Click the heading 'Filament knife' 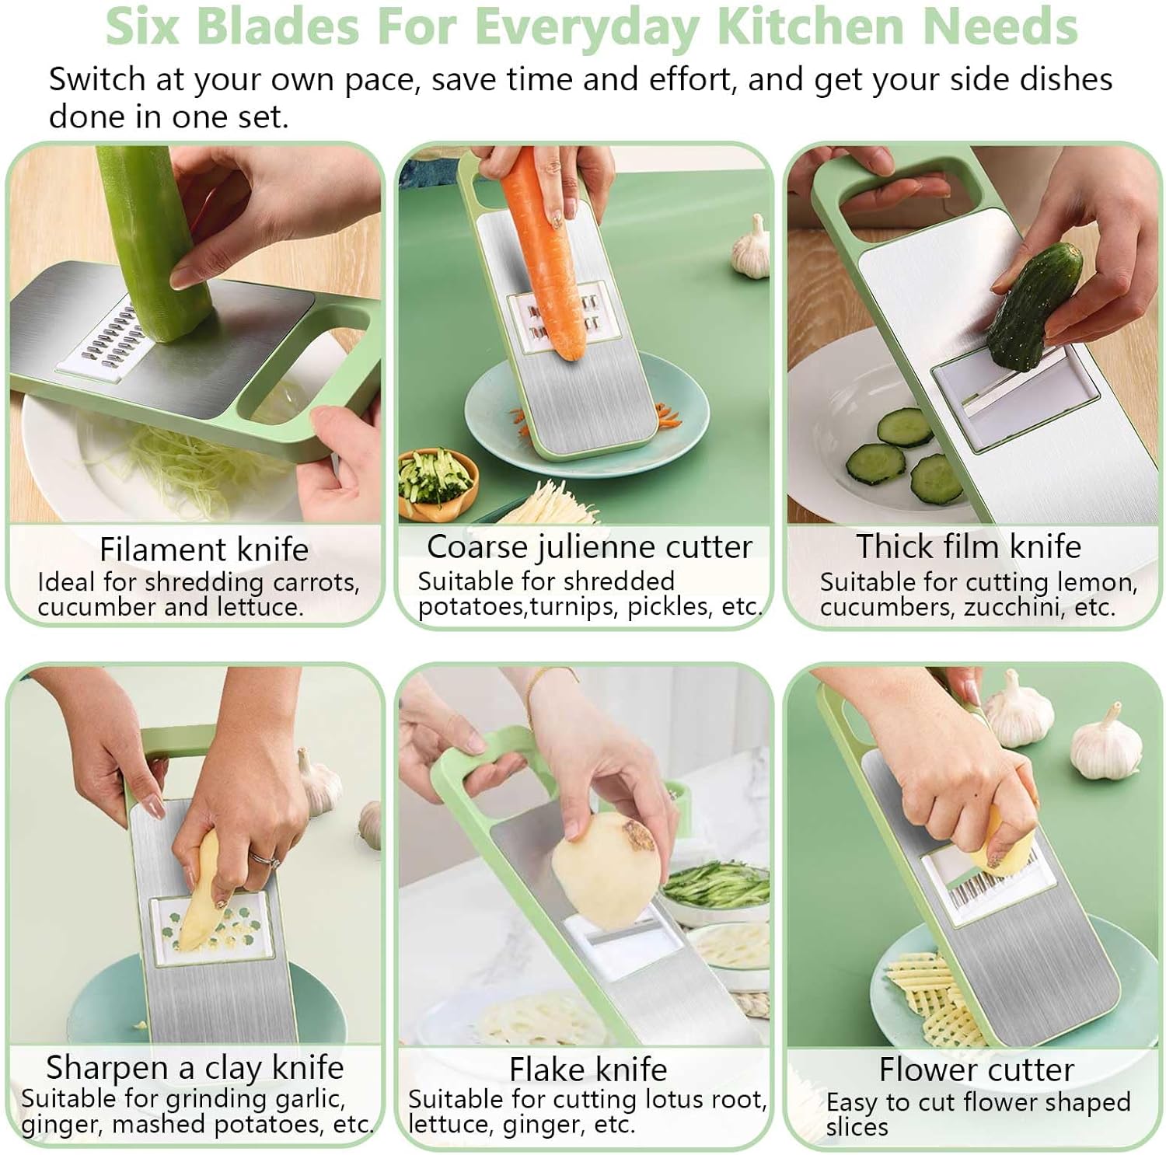pyautogui.click(x=204, y=550)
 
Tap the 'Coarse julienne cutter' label pyautogui.click(x=589, y=547)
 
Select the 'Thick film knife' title pyautogui.click(x=969, y=546)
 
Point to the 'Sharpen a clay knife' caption pyautogui.click(x=194, y=1068)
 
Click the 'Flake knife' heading pyautogui.click(x=588, y=1070)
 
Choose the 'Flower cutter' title pyautogui.click(x=976, y=1070)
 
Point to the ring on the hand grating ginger pyautogui.click(x=263, y=857)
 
